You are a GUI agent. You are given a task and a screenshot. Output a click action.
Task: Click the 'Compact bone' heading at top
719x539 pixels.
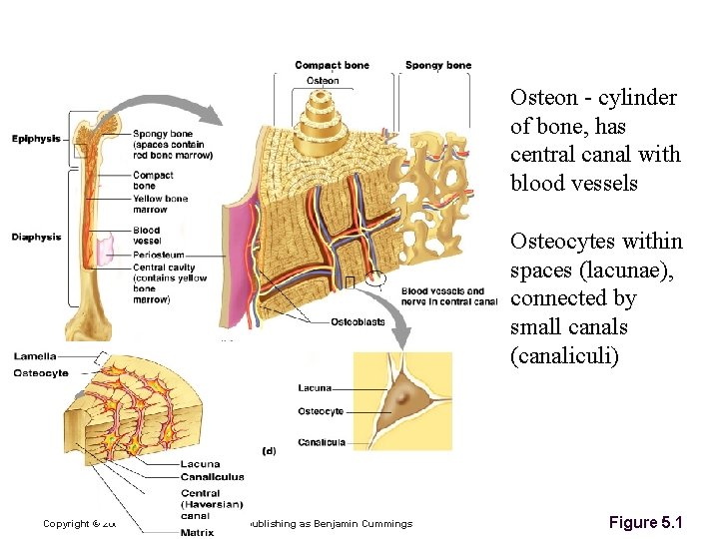332,66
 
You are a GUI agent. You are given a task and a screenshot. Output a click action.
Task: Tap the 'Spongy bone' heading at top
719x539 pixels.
437,66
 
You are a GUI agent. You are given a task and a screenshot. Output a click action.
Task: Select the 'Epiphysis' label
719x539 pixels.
36,138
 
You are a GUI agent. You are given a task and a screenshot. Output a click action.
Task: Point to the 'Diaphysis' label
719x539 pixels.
36,237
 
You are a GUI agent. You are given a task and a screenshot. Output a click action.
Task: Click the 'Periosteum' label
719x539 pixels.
158,256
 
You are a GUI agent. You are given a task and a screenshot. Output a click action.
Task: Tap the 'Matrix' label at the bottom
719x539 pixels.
197,532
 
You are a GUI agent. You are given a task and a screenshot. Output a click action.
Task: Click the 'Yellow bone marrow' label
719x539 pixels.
160,204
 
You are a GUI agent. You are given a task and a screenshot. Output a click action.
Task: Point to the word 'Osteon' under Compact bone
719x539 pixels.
322,81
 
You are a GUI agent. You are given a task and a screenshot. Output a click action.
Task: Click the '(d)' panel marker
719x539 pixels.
269,450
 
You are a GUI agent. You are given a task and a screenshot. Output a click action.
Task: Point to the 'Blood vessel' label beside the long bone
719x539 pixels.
146,236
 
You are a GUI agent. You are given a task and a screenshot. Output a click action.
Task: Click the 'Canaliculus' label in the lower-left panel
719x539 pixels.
213,476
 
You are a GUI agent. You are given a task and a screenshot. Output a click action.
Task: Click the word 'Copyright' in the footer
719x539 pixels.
65,523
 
